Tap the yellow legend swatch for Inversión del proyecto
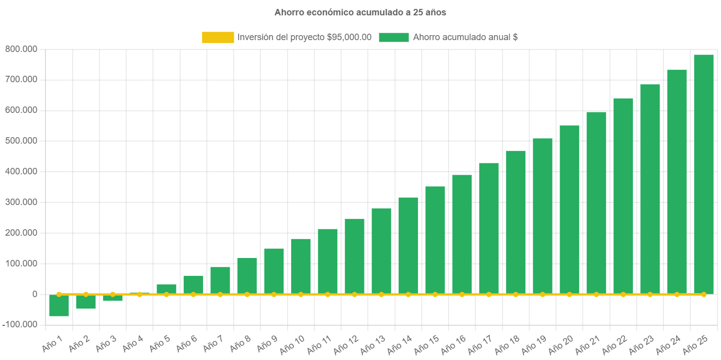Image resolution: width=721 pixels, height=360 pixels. pyautogui.click(x=218, y=37)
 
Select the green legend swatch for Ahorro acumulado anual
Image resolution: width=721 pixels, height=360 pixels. pyautogui.click(x=394, y=37)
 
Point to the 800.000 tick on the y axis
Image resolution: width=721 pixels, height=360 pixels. pyautogui.click(x=21, y=49)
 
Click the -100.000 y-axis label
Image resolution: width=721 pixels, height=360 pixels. pyautogui.click(x=19, y=324)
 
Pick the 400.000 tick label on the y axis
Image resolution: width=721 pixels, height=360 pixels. pyautogui.click(x=21, y=171)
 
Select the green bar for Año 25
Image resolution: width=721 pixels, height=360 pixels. pyautogui.click(x=703, y=173)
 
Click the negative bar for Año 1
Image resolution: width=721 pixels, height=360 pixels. pyautogui.click(x=59, y=306)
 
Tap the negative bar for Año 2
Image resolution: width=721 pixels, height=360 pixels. pyautogui.click(x=86, y=302)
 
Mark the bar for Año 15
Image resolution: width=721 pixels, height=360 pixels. pyautogui.click(x=435, y=240)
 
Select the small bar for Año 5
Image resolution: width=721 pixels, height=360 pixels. pyautogui.click(x=166, y=289)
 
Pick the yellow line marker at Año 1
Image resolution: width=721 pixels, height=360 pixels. pyautogui.click(x=59, y=294)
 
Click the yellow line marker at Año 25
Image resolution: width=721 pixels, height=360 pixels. pyautogui.click(x=703, y=294)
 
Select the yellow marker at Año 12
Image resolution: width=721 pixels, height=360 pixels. pyautogui.click(x=355, y=294)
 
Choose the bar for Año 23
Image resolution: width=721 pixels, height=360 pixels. pyautogui.click(x=650, y=188)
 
